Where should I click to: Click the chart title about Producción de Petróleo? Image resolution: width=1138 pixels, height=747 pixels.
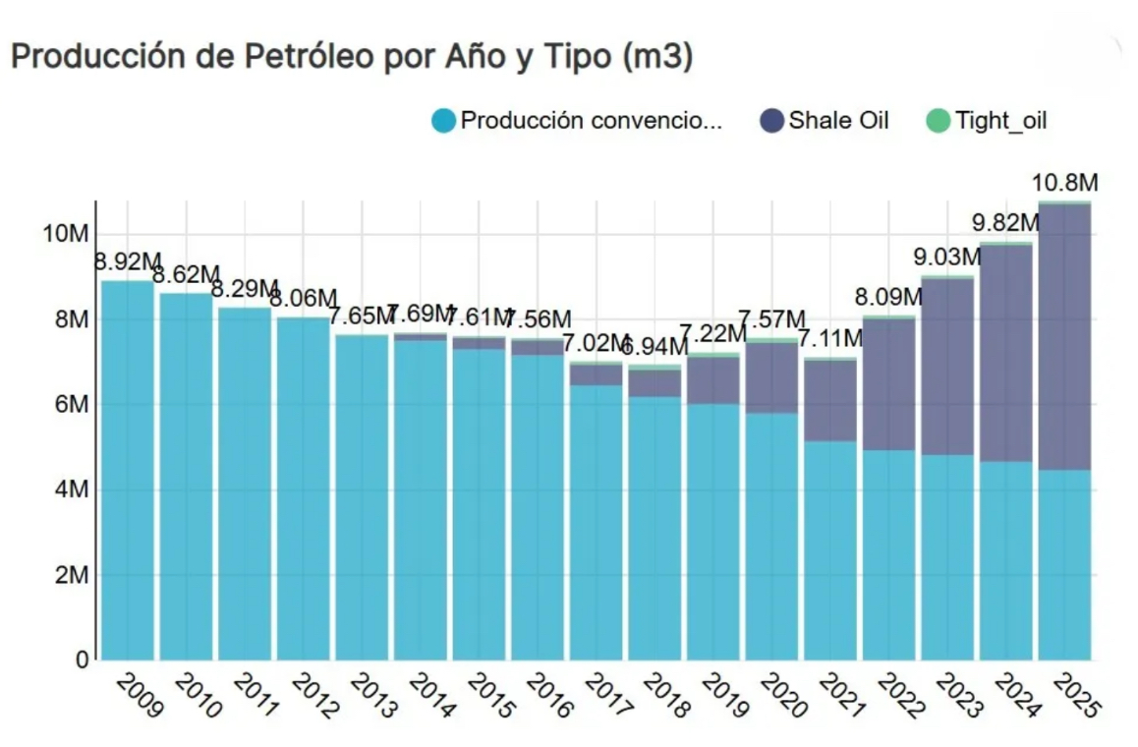[351, 57]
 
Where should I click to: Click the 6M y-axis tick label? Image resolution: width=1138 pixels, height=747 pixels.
[72, 405]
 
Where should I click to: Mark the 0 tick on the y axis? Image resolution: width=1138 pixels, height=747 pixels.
[83, 660]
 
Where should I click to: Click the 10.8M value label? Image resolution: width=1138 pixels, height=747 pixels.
[1065, 183]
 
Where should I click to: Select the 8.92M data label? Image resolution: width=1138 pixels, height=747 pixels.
[128, 261]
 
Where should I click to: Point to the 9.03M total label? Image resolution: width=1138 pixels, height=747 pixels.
[948, 258]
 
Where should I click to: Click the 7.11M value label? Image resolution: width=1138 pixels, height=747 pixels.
[829, 339]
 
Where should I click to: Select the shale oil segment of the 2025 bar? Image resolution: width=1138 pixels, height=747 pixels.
[1065, 334]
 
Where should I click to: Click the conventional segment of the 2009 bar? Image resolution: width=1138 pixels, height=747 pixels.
[128, 472]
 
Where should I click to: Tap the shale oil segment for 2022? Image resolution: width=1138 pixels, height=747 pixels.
[889, 383]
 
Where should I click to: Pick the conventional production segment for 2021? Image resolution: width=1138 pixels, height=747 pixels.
[830, 550]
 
